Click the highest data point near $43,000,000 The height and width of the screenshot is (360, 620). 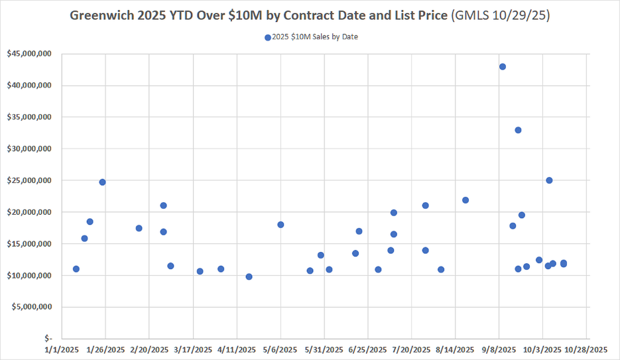click(503, 66)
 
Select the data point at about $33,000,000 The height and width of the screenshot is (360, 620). click(518, 130)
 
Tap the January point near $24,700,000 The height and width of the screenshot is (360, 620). click(102, 182)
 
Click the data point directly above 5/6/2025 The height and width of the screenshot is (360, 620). click(280, 225)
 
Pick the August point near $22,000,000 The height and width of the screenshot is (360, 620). click(465, 200)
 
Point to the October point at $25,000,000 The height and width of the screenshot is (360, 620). click(549, 180)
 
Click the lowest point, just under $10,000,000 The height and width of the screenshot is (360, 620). click(249, 276)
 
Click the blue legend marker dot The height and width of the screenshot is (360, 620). click(268, 38)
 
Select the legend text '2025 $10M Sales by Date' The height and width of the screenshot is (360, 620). click(315, 37)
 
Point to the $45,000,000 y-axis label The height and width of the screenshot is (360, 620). click(29, 54)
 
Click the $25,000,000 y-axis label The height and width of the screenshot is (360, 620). click(29, 180)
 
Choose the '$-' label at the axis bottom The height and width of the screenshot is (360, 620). click(47, 339)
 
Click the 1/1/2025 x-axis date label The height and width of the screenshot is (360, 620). click(62, 350)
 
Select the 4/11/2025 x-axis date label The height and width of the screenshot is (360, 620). click(237, 350)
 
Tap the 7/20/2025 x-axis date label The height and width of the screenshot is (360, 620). click(411, 350)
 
